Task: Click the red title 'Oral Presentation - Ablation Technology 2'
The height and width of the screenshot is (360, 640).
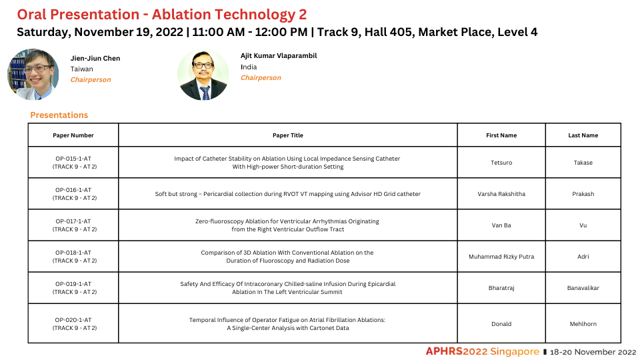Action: pos(161,14)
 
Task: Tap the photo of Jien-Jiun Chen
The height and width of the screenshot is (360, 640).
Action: pos(33,74)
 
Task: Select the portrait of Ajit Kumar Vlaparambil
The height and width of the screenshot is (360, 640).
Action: pos(203,74)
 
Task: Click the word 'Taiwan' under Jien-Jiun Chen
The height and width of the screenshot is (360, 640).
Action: pos(81,69)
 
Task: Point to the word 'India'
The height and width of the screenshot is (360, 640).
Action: pos(249,67)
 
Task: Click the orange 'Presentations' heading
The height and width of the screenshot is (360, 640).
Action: pos(59,115)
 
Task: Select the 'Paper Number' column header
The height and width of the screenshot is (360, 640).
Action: pos(73,135)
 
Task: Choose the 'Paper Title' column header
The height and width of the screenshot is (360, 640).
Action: pos(288,135)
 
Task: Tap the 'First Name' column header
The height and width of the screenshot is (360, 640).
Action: pos(501,135)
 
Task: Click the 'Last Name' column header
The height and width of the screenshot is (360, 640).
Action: pos(583,135)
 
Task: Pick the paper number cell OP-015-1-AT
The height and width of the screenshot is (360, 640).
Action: pos(73,163)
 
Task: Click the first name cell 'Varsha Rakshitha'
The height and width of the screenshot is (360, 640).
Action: pos(501,194)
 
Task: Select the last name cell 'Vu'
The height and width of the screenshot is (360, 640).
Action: pos(583,225)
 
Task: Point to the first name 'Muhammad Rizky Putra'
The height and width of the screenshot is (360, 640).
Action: pos(501,257)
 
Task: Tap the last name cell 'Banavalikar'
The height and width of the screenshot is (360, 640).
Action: pos(583,288)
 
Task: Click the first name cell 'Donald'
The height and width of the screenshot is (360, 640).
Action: pos(501,324)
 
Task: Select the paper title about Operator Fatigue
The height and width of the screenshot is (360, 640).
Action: pos(287,324)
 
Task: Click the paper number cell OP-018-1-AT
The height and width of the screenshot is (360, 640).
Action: pos(73,257)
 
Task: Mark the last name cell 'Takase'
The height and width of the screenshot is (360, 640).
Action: pos(583,163)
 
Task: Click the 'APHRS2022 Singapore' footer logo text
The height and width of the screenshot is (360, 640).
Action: pos(483,351)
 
